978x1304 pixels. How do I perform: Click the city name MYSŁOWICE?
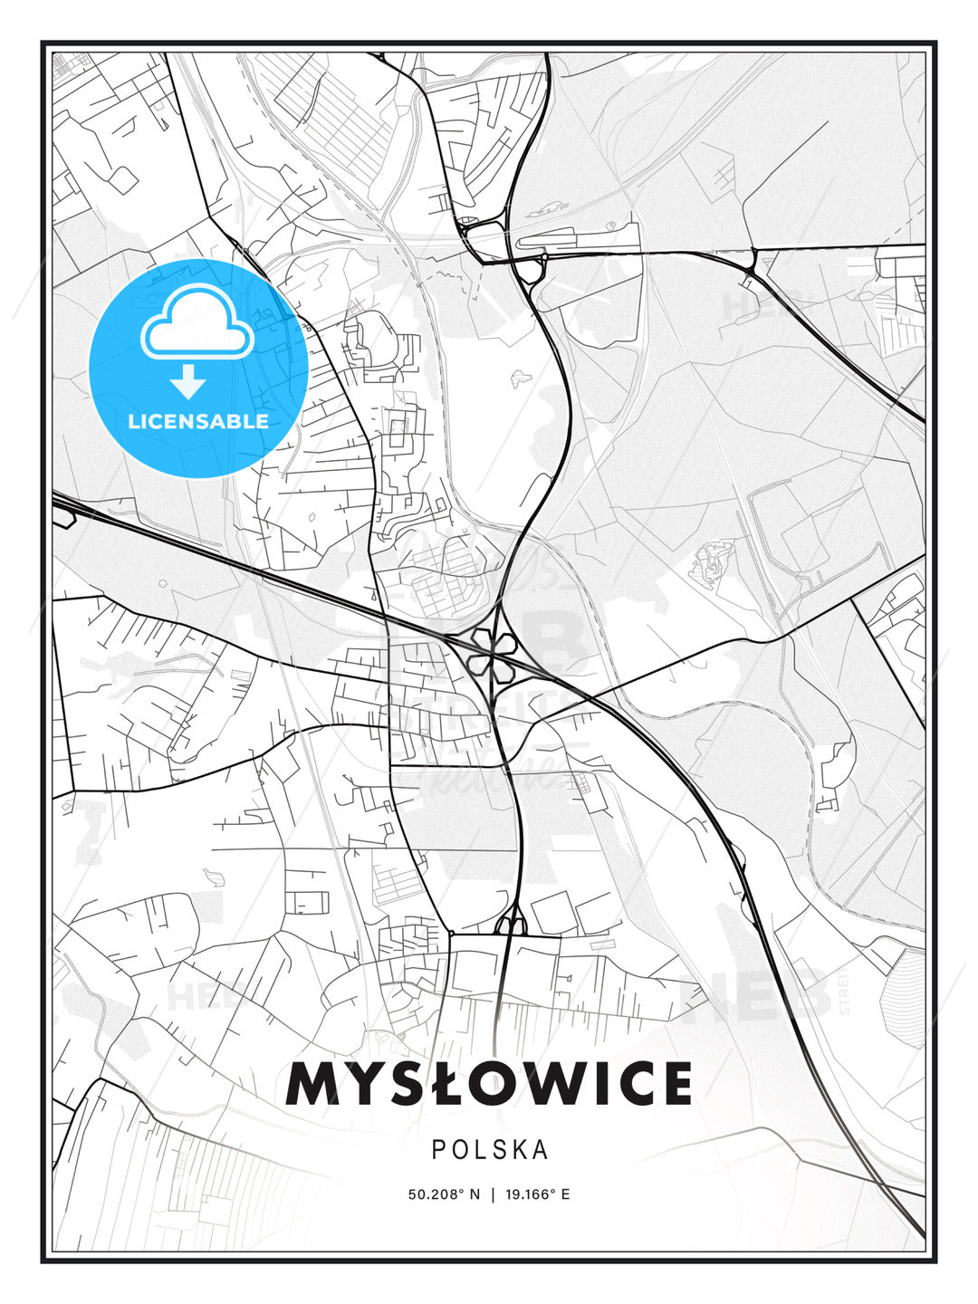click(x=489, y=1084)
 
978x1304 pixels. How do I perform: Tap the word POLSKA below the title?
click(x=489, y=1149)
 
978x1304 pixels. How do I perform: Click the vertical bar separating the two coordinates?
click(x=493, y=1194)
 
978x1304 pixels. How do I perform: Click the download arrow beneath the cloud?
click(x=188, y=381)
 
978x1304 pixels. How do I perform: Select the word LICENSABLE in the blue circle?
click(x=197, y=421)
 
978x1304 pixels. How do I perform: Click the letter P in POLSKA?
click(x=438, y=1149)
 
